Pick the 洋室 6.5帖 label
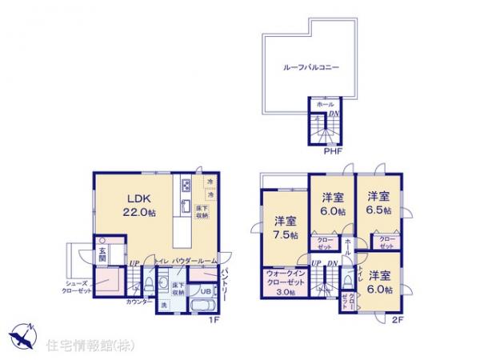point(378,202)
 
